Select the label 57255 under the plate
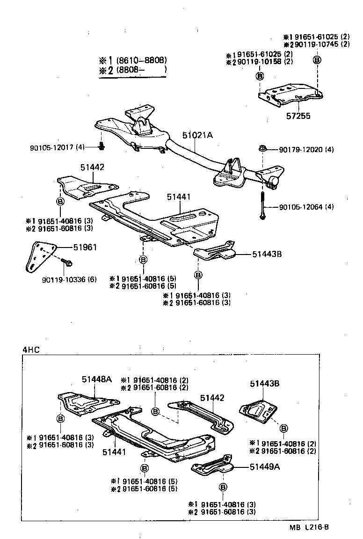[x=298, y=116]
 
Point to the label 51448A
[x=97, y=379]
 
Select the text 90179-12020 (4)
[x=306, y=150]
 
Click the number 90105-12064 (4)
[x=306, y=207]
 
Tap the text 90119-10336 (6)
[x=69, y=279]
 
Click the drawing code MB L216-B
[x=309, y=527]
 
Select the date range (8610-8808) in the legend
[x=141, y=60]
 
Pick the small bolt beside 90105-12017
[x=102, y=147]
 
